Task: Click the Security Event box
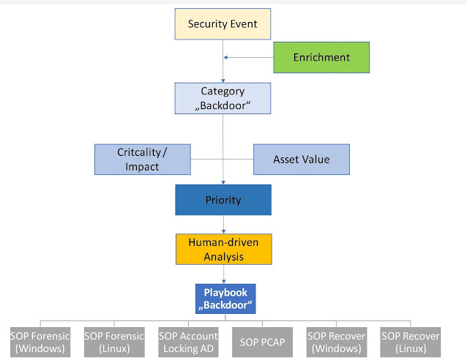point(223,24)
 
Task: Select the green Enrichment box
point(321,58)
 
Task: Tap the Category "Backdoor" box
point(223,98)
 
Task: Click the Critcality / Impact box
point(142,160)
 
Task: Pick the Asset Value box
point(302,160)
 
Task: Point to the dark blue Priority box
point(223,200)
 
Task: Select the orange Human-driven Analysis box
point(224,250)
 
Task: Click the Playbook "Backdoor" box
point(225,299)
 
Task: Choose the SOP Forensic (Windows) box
point(40,342)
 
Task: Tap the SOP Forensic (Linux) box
point(114,342)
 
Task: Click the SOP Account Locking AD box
point(188,342)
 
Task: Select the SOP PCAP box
point(262,342)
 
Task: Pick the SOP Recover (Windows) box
point(337,342)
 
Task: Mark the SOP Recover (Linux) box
point(411,342)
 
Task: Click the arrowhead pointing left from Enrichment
point(225,57)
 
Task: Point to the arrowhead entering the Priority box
point(223,182)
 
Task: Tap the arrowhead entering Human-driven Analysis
point(224,232)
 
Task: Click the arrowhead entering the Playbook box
point(224,282)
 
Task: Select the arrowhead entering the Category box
point(223,80)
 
